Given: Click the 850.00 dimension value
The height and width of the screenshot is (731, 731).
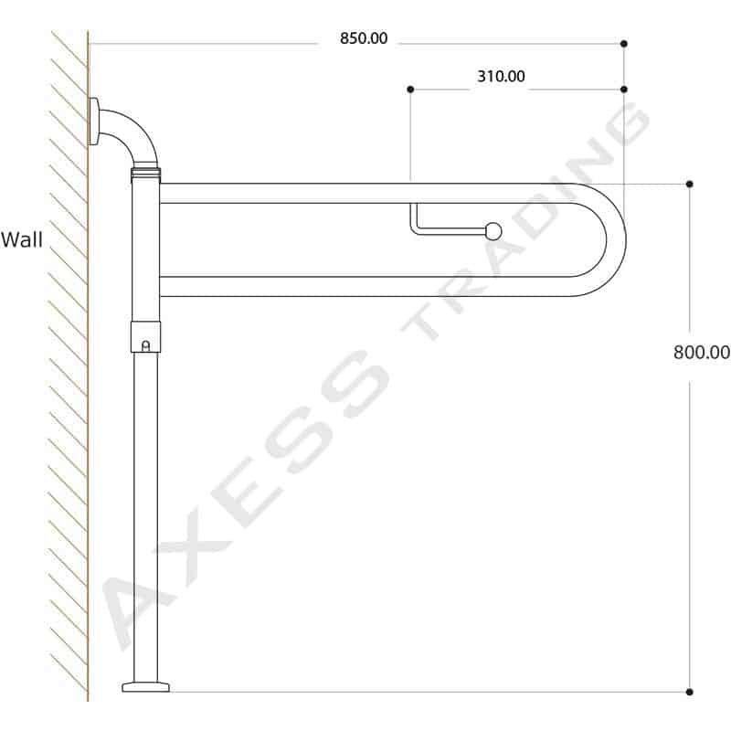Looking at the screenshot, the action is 364,38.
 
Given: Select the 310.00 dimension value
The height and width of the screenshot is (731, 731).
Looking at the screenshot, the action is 501,76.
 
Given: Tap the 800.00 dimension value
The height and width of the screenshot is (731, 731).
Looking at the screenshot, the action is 702,352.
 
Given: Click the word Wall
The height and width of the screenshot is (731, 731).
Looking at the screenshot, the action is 21,239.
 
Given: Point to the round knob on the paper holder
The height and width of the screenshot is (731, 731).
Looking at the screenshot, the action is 493,231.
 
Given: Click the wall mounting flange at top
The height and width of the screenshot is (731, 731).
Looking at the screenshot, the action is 93,122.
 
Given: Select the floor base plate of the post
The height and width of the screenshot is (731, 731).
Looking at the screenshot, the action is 145,687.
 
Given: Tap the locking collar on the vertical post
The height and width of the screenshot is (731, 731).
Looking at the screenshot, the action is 145,336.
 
